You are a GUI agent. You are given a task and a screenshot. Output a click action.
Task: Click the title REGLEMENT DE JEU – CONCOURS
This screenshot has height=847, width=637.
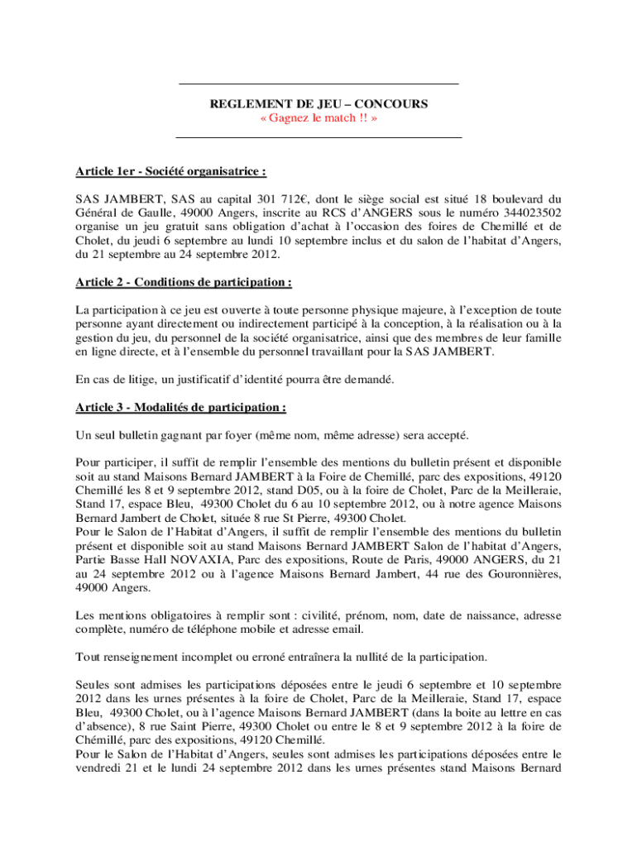(x=318, y=105)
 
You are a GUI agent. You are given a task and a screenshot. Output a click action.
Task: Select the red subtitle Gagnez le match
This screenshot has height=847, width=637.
(x=318, y=119)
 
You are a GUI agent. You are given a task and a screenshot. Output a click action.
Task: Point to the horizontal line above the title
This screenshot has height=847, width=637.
(x=318, y=84)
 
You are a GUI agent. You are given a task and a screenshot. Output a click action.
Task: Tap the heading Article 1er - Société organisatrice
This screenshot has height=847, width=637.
(x=170, y=172)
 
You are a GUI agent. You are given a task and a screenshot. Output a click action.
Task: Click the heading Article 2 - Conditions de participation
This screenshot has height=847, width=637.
(x=183, y=283)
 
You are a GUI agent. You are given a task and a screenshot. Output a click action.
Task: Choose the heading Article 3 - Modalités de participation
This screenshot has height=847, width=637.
(x=180, y=408)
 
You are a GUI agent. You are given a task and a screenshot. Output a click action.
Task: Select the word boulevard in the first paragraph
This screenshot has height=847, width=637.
(x=512, y=199)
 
